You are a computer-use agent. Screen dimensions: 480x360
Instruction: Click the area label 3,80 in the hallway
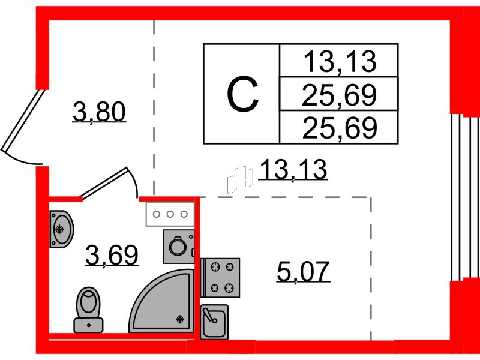pos(99,112)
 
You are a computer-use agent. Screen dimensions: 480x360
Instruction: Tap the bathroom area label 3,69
pos(112,256)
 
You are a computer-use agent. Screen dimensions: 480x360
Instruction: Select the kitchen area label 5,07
pos(304,271)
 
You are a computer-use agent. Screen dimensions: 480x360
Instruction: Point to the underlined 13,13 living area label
pos(293,169)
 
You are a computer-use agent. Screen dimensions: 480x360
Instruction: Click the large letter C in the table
pos(242,94)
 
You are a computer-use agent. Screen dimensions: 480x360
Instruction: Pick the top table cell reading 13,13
pos(339,62)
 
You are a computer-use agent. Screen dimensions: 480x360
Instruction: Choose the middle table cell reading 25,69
pos(339,95)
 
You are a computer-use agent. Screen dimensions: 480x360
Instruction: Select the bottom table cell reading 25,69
pos(339,128)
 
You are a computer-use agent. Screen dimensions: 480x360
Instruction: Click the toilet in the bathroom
pos(88,310)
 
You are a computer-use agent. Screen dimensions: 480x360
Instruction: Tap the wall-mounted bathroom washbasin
pos(61,229)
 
